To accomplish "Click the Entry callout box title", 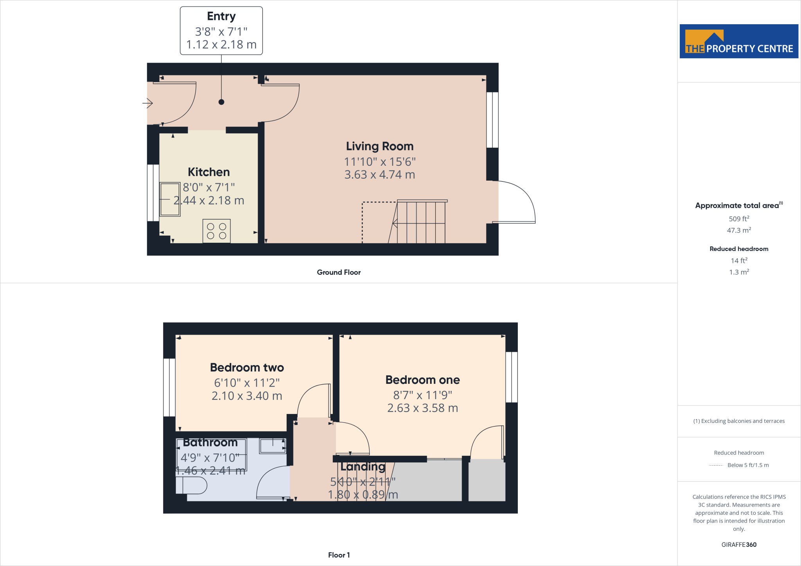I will tap(221, 16).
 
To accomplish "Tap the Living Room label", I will tap(379, 146).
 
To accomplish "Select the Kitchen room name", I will tap(208, 172).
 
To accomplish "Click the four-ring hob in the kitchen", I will tap(216, 231).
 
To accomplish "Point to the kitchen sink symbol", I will tap(170, 199).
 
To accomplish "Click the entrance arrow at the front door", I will tap(147, 103).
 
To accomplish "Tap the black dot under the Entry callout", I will tap(221, 102).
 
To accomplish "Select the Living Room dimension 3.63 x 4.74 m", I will tap(379, 175).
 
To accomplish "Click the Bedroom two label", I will tap(247, 367).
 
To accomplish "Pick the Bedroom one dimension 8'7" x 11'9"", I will tap(422, 395).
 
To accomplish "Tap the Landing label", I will tap(363, 466).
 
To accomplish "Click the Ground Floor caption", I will tap(339, 272).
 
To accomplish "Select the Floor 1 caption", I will tap(339, 555).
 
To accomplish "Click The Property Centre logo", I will tap(738, 41).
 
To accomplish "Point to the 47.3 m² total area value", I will tap(738, 230).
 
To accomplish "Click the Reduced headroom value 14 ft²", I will tap(738, 260).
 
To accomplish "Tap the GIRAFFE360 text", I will tap(738, 545).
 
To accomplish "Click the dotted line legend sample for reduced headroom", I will tap(716, 465).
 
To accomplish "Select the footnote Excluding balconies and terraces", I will tap(738, 421).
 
